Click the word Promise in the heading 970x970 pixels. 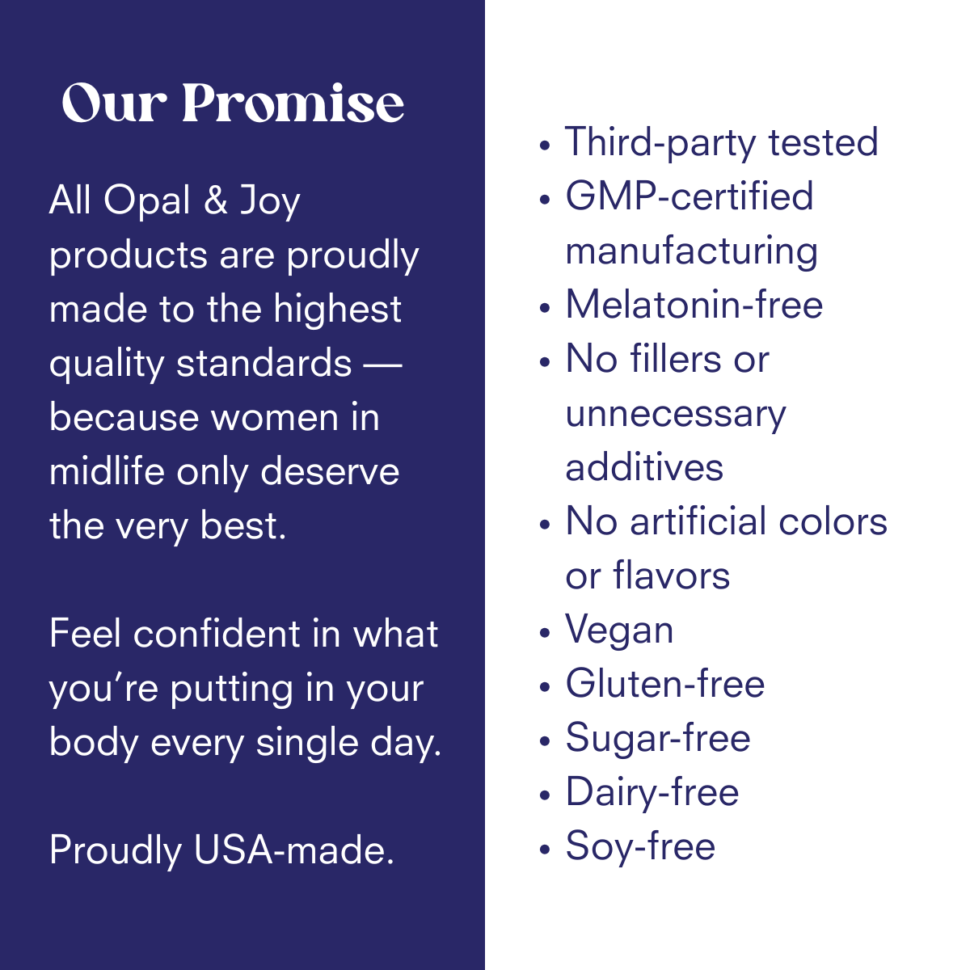click(x=293, y=103)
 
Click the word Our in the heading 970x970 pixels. click(x=114, y=103)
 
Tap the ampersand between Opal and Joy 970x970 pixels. click(x=216, y=200)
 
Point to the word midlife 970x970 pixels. click(x=108, y=470)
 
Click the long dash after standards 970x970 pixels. click(x=382, y=365)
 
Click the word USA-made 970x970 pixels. click(x=294, y=850)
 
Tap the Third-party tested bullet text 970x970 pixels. click(x=721, y=143)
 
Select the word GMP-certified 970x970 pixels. click(x=690, y=196)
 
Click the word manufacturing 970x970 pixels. click(x=691, y=251)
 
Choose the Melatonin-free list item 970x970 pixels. click(x=694, y=305)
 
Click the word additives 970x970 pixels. click(x=644, y=467)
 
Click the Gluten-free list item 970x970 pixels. click(x=665, y=684)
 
